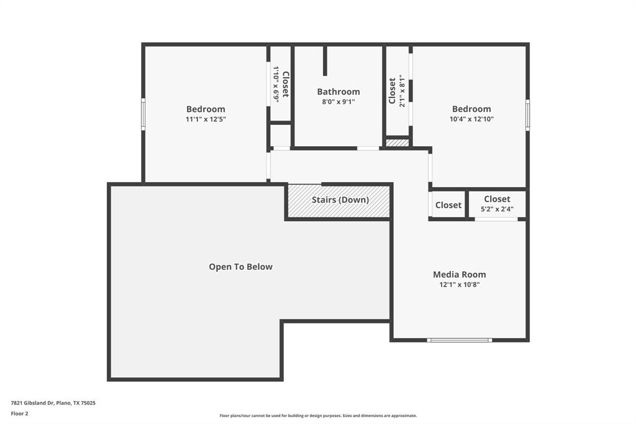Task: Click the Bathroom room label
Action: [x=338, y=91]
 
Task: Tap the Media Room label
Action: [x=459, y=274]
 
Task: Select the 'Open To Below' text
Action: [x=240, y=267]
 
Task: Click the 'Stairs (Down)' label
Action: [x=340, y=200]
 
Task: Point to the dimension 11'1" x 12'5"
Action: [x=206, y=119]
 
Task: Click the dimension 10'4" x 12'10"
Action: [x=471, y=119]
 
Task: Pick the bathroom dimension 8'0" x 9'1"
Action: [x=338, y=102]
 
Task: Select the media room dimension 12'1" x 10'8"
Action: [x=459, y=285]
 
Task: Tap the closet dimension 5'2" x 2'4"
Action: [x=497, y=210]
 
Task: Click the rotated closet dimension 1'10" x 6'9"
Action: [x=276, y=85]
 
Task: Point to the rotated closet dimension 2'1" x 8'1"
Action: [x=402, y=91]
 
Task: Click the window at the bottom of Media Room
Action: [x=460, y=340]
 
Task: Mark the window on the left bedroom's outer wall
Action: [x=143, y=114]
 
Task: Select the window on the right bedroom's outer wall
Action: [x=527, y=115]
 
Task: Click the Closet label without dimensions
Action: [x=448, y=205]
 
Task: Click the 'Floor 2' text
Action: [x=19, y=413]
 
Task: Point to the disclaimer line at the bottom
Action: [x=317, y=415]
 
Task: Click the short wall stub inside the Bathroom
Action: [x=325, y=61]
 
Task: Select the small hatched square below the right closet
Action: [x=397, y=143]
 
